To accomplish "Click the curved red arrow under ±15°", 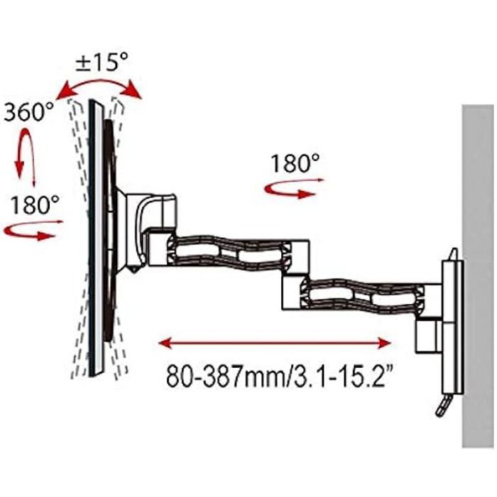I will coord(100,87).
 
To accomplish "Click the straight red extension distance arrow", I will coord(274,343).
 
